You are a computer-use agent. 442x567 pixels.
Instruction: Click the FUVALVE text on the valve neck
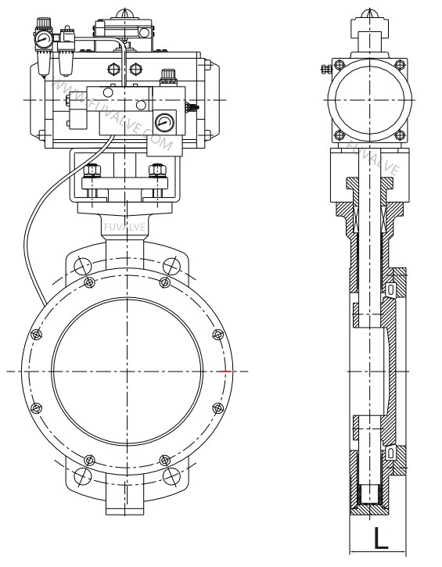[x=124, y=227]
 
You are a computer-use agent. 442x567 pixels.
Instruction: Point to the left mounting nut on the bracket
[x=92, y=170]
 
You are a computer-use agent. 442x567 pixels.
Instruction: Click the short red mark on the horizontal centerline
[x=226, y=370]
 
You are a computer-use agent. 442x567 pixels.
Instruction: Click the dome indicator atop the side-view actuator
[x=368, y=16]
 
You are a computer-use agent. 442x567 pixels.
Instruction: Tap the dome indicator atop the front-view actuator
[x=124, y=14]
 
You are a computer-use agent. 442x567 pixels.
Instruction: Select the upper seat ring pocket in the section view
[x=391, y=290]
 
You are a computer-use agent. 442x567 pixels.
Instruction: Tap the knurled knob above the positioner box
[x=166, y=76]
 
